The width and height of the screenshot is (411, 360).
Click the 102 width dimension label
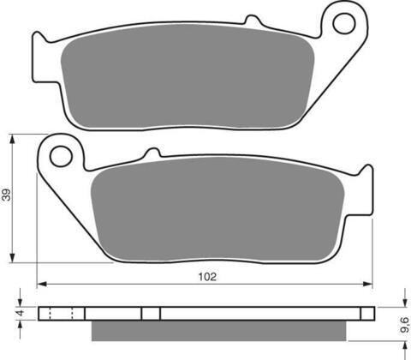pos(207,277)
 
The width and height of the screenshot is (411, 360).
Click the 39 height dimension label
pos(6,195)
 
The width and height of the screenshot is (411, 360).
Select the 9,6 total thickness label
pos(405,325)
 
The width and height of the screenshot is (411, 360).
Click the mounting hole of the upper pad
pos(344,23)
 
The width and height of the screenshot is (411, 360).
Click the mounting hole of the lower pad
pos(61,156)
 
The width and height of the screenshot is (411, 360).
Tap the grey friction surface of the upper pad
pos(188,76)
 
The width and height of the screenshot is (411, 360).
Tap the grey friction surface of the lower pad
pos(217,209)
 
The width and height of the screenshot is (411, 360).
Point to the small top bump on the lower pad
pos(152,153)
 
